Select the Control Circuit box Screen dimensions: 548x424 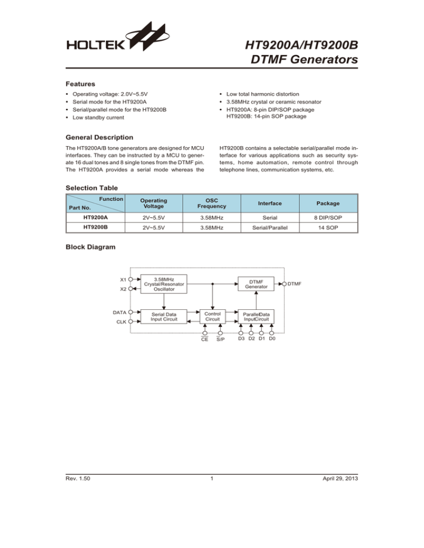(213, 316)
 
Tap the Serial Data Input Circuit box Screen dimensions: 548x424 (164, 316)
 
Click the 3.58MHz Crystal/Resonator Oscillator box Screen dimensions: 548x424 (164, 283)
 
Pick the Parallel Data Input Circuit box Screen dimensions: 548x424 (256, 316)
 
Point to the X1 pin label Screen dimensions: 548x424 (122, 278)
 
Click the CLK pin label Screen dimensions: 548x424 (119, 321)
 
